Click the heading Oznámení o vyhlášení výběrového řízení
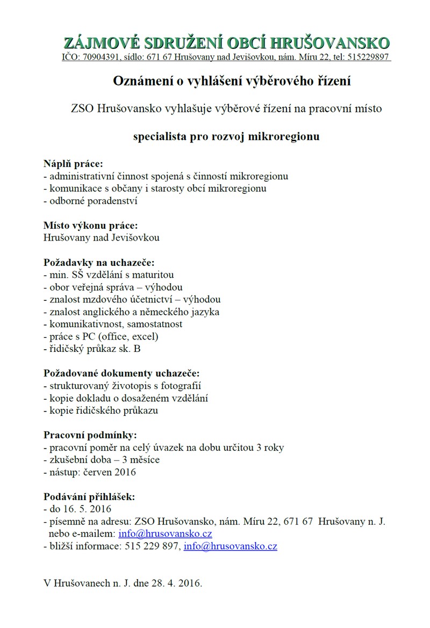click(x=232, y=81)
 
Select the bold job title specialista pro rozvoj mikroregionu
click(x=226, y=136)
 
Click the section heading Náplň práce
click(x=73, y=163)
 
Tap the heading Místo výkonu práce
click(x=86, y=225)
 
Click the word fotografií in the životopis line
click(x=183, y=386)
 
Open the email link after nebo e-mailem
click(x=165, y=534)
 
